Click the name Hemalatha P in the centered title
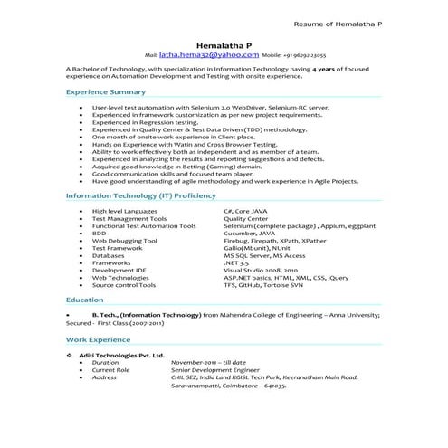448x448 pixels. (x=224, y=43)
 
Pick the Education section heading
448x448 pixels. (x=84, y=299)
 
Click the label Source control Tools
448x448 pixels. (x=124, y=284)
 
